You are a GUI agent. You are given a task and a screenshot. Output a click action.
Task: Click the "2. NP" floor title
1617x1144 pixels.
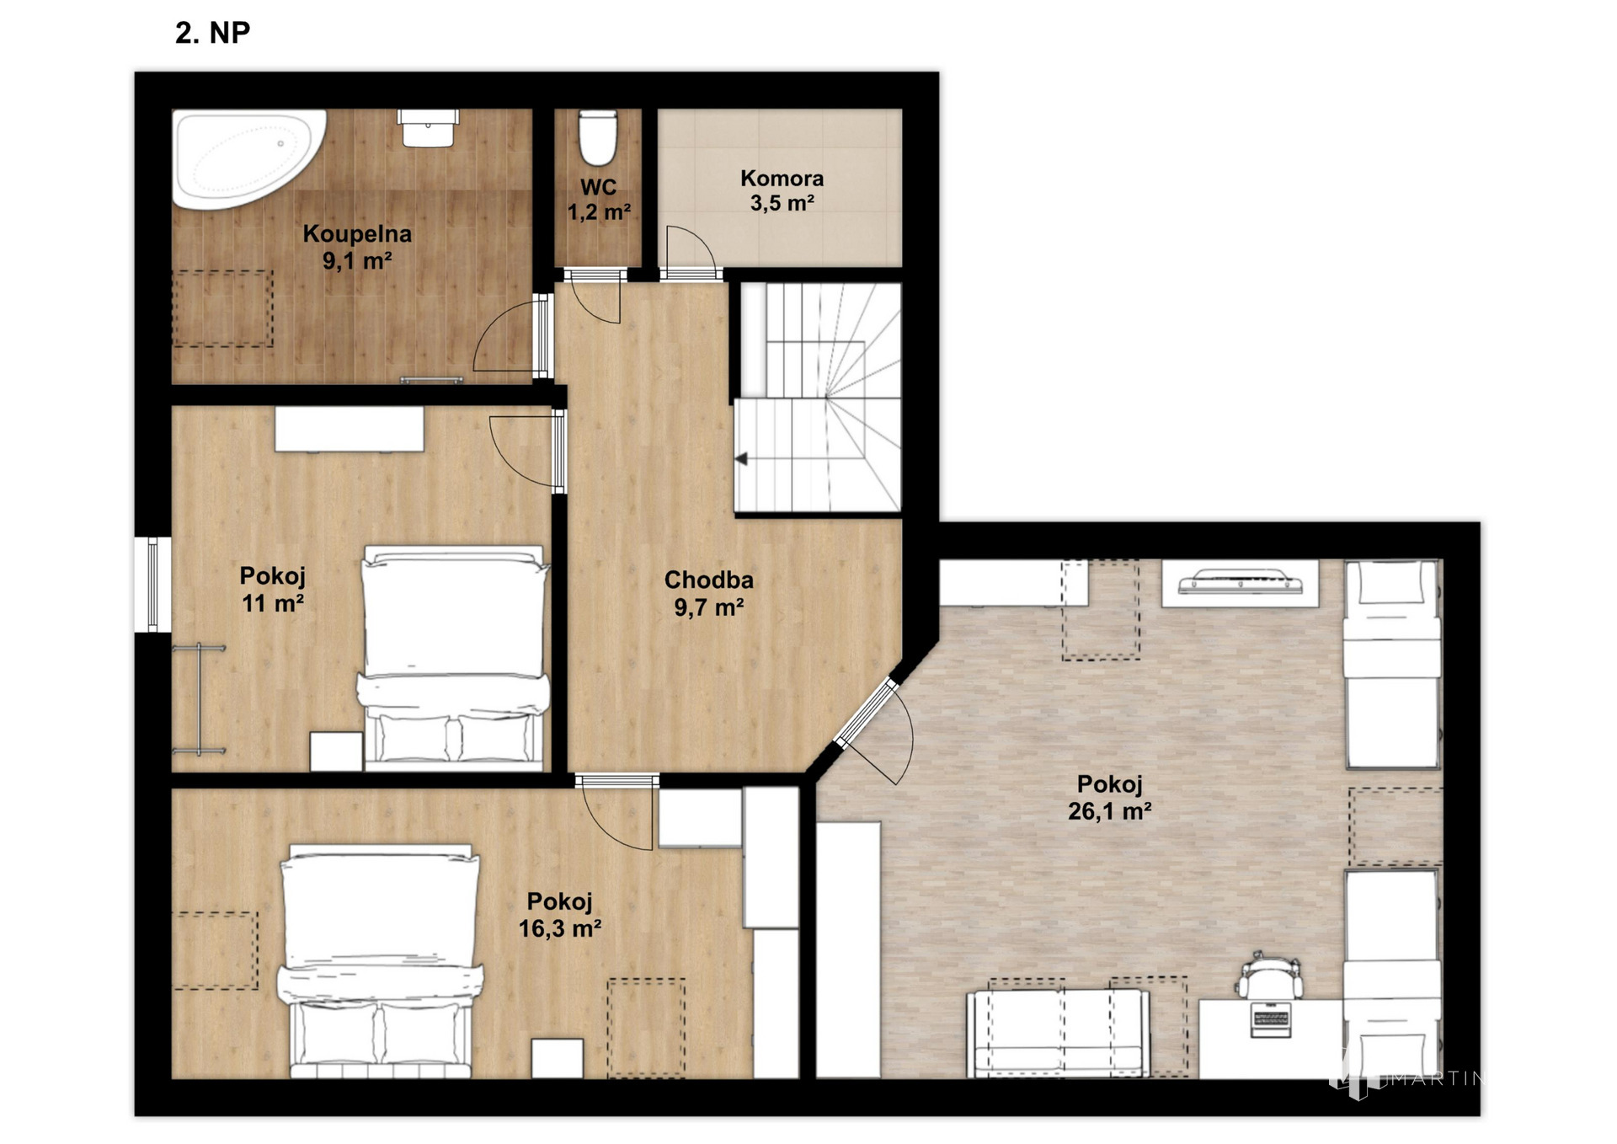point(212,33)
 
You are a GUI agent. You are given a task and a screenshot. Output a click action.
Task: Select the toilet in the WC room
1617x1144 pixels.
point(598,137)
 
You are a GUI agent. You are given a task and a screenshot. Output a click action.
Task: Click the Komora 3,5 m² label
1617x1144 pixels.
point(782,190)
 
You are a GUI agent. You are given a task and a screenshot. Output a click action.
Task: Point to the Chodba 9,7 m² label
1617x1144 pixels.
point(708,593)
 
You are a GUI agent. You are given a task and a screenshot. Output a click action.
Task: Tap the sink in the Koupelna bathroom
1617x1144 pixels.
point(428,128)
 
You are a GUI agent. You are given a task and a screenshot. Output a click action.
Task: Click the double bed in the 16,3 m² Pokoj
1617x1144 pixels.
point(381,961)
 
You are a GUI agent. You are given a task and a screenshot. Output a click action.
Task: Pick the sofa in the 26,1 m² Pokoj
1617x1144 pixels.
point(1058,1034)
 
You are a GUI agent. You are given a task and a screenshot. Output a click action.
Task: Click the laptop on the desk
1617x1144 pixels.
point(1270,1019)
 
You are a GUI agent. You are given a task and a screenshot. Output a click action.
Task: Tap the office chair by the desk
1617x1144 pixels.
point(1270,976)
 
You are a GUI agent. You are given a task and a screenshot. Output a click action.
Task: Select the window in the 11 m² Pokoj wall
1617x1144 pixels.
point(152,585)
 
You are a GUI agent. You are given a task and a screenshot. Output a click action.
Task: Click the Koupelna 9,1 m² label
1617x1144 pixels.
point(357,247)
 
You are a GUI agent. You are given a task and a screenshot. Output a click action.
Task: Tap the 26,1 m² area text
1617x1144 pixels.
point(1109,811)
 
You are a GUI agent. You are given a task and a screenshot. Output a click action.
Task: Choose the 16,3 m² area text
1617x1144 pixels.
point(560,928)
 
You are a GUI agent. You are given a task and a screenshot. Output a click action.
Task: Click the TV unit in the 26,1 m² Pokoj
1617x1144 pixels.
point(1240,582)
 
